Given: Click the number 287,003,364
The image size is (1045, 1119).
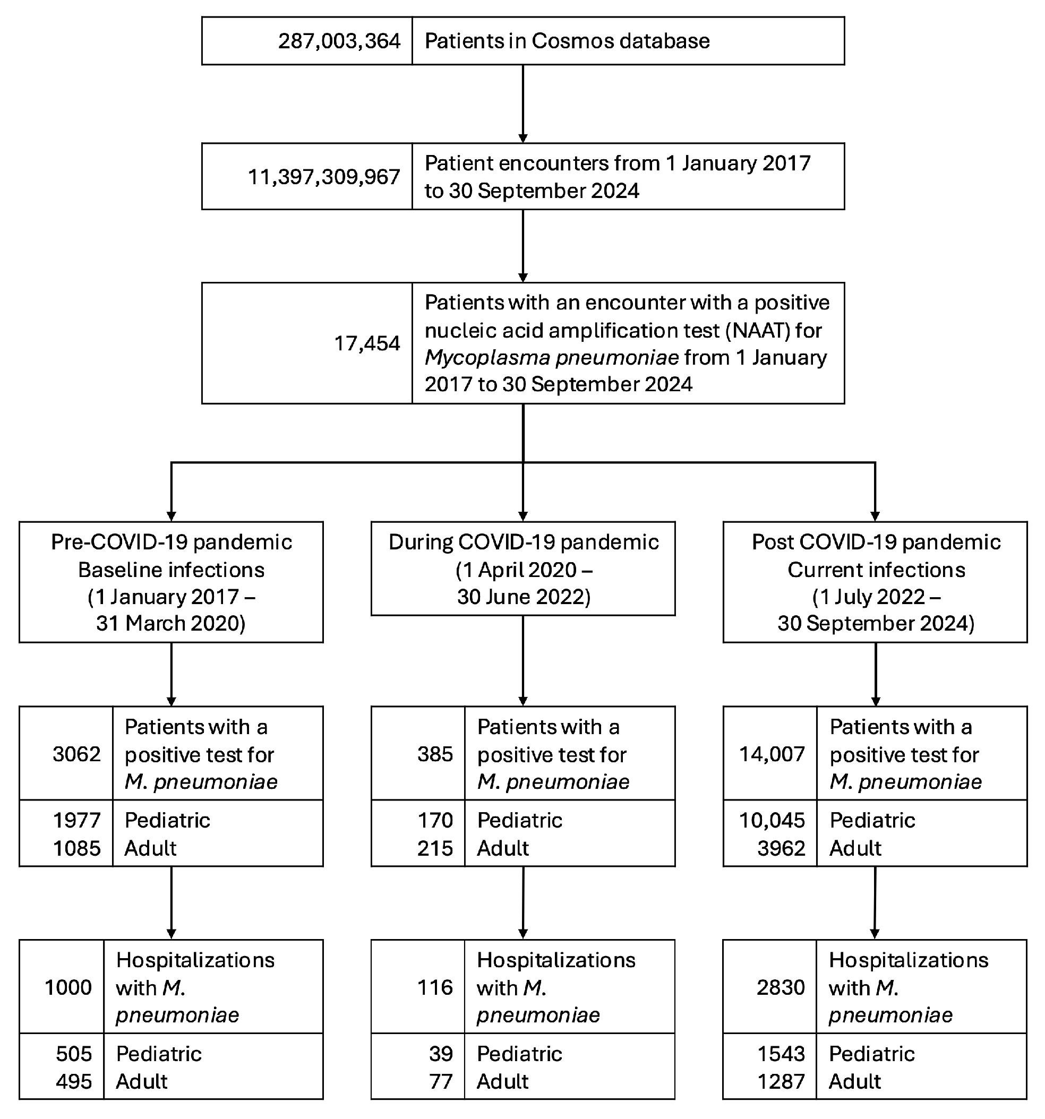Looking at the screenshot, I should [x=339, y=41].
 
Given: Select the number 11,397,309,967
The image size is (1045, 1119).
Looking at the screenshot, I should [x=324, y=177].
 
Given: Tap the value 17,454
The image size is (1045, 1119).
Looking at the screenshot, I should [x=367, y=343].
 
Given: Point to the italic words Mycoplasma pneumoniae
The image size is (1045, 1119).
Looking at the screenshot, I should [x=551, y=357].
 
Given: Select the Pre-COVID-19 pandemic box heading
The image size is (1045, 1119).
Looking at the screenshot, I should [x=171, y=542].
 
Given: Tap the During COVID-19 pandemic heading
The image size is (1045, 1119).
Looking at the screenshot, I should [x=523, y=542].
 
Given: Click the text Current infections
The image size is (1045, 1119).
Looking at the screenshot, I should [x=876, y=570].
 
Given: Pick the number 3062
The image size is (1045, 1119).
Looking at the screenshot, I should [x=76, y=754].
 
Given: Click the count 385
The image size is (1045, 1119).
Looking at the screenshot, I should [x=435, y=754].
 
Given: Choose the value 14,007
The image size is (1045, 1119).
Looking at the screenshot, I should [x=772, y=754].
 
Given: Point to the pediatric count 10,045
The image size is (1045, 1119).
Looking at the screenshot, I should [x=772, y=820].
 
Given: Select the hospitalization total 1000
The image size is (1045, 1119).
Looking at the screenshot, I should [x=67, y=987].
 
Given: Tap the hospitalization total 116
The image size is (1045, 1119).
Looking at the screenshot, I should [x=435, y=987].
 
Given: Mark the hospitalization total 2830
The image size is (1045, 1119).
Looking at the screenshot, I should [x=781, y=987].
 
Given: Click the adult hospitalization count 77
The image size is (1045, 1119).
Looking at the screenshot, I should [x=440, y=1081].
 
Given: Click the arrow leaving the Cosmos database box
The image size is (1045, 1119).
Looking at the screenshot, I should [x=523, y=104].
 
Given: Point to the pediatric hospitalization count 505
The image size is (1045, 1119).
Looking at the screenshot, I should [x=74, y=1053].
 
